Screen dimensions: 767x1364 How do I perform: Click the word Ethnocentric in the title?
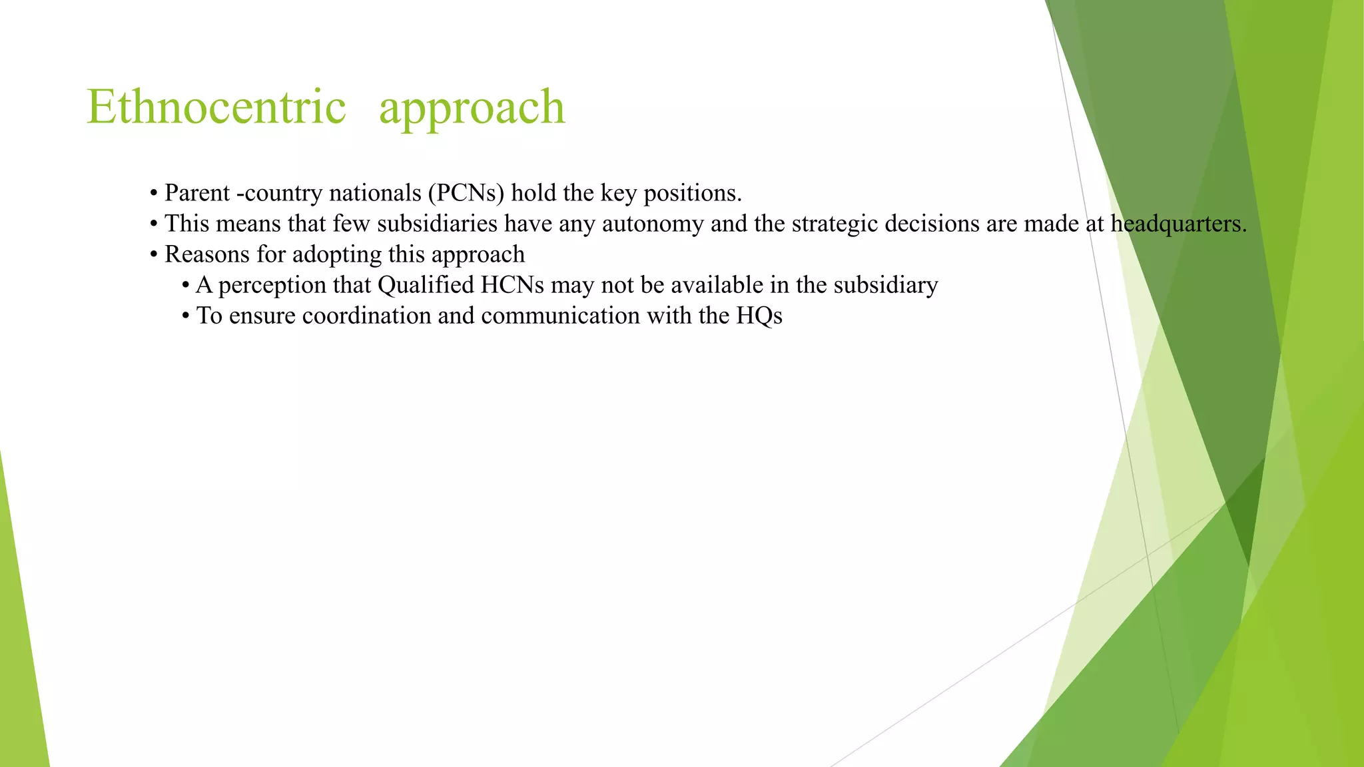click(216, 107)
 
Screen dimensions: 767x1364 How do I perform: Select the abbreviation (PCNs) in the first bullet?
click(466, 193)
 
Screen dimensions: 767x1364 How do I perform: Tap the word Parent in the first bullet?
click(197, 193)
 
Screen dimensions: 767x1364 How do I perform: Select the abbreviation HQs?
click(759, 316)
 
